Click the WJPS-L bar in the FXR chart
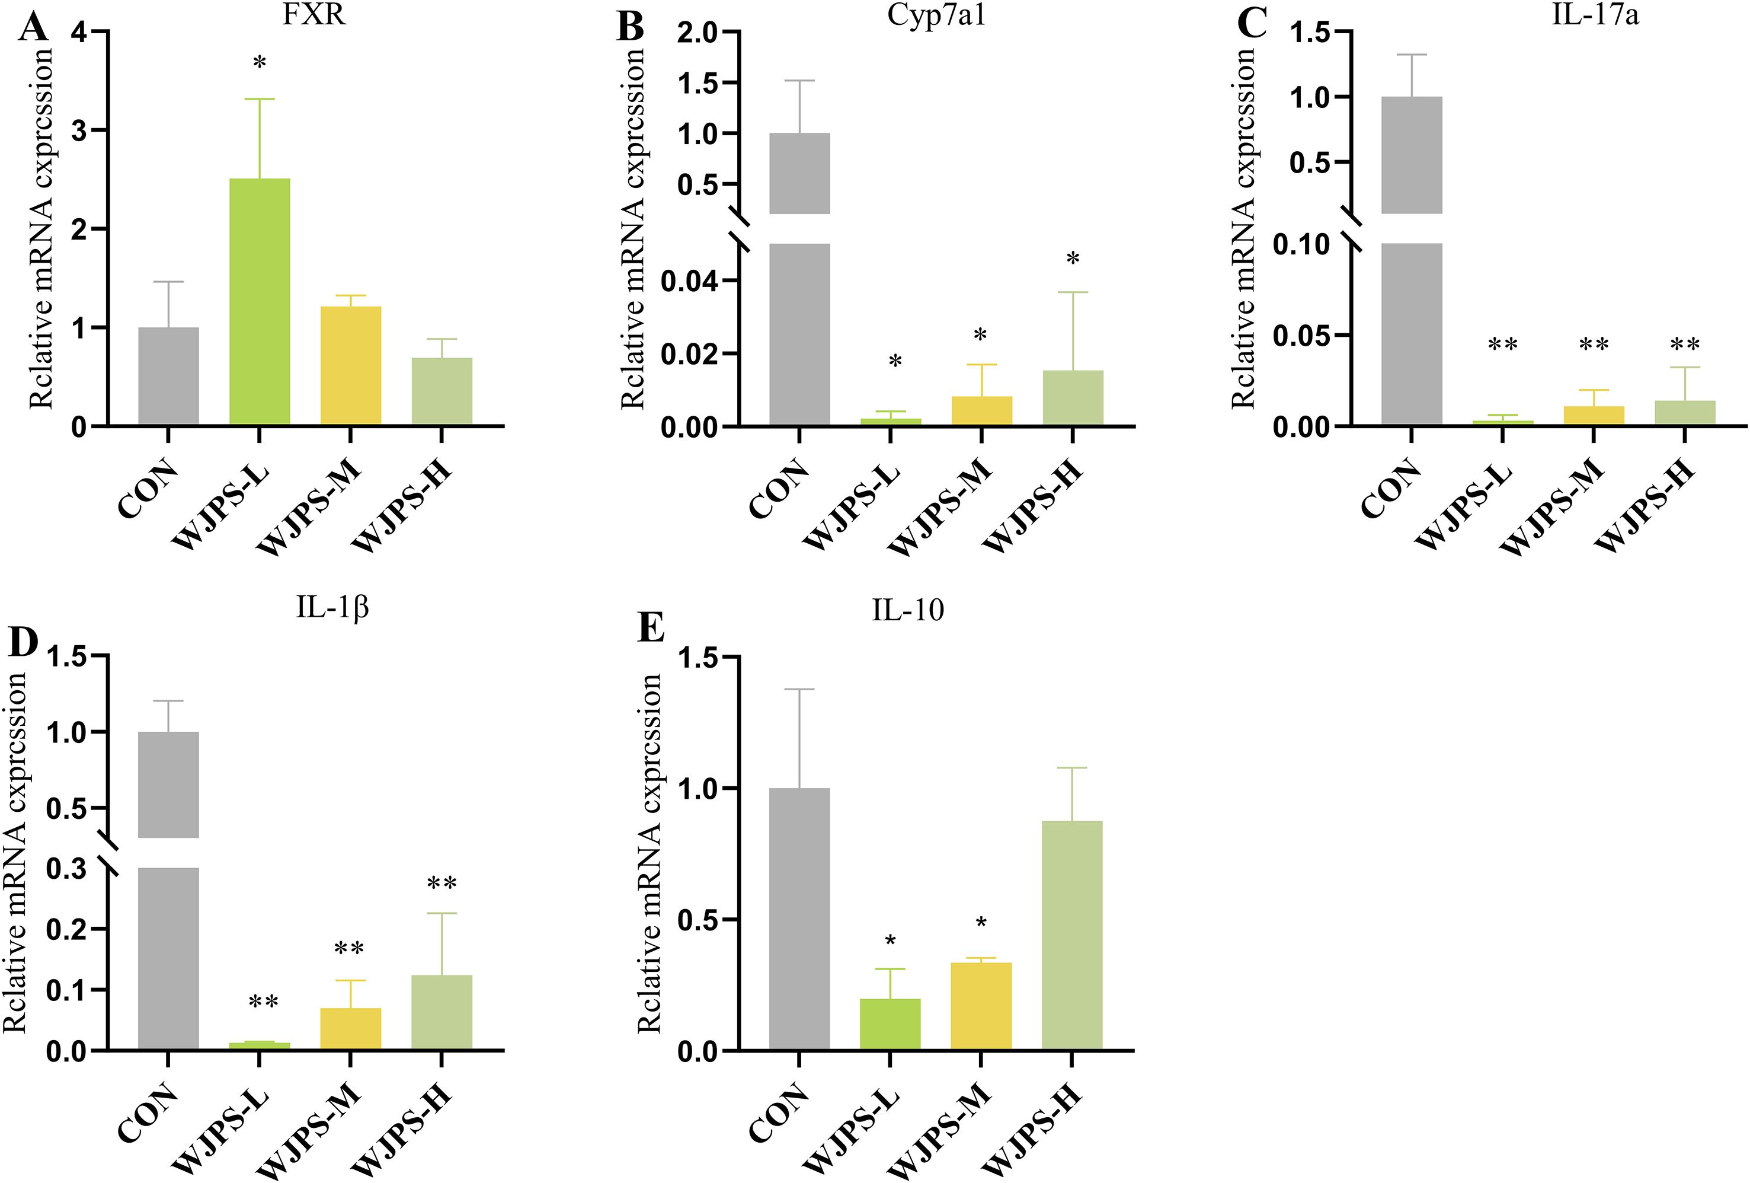point(259,301)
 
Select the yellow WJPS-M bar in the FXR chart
point(350,365)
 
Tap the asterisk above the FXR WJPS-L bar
point(260,63)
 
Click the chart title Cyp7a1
point(936,15)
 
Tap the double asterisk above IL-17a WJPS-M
point(1594,345)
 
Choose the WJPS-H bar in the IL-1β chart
point(442,1012)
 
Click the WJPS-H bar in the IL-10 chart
point(1072,935)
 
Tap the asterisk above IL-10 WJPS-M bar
point(981,924)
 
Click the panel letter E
point(651,627)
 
